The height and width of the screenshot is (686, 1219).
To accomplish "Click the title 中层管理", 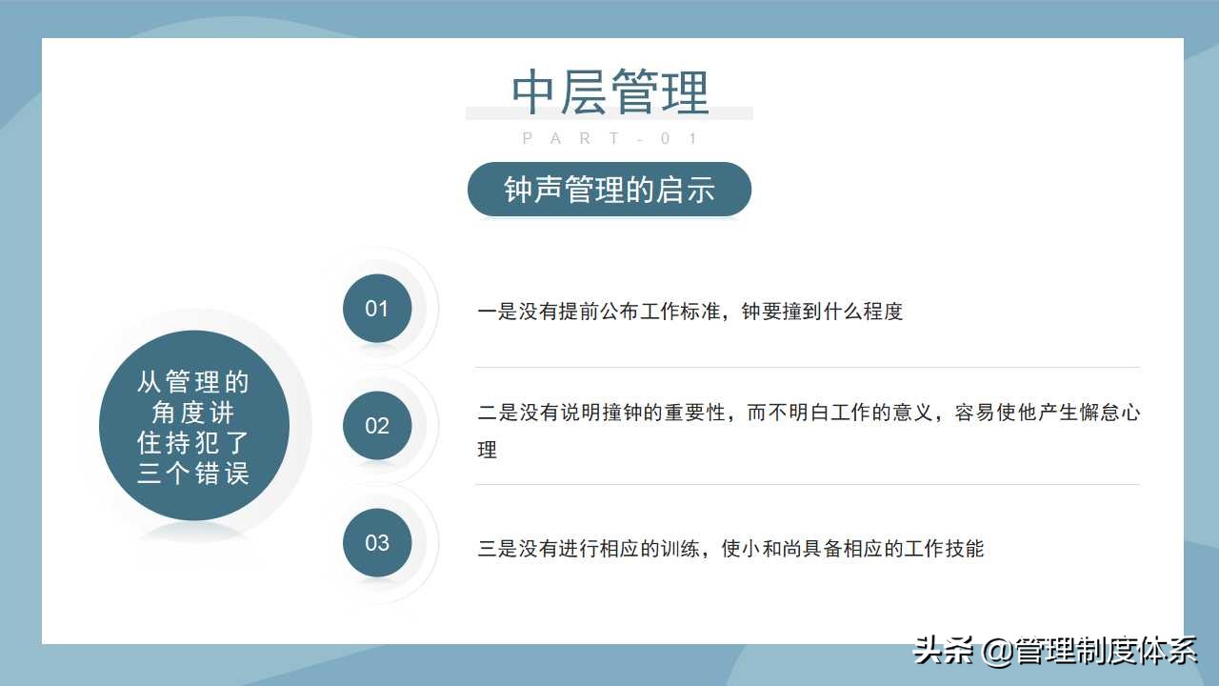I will pos(609,92).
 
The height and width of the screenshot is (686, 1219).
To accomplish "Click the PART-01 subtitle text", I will pos(609,139).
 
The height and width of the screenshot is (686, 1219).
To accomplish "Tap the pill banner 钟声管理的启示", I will pos(609,190).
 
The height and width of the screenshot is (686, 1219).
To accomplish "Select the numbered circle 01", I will pos(377,309).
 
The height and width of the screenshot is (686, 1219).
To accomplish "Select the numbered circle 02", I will pos(377,426).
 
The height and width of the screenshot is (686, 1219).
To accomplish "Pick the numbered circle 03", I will pos(377,543).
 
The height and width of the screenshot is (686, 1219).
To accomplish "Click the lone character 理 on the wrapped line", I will pos(488,450).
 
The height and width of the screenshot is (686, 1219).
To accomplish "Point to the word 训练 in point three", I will pos(683,549).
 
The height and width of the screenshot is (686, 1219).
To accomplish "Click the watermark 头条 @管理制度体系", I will pos(1054,652).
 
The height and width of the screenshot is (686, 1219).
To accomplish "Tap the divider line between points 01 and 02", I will pos(807,367).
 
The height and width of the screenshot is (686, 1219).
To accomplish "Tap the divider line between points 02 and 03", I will pos(807,484).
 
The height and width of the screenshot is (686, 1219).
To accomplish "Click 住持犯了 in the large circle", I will pos(193,444).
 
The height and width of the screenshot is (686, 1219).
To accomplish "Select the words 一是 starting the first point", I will pos(497,312).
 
